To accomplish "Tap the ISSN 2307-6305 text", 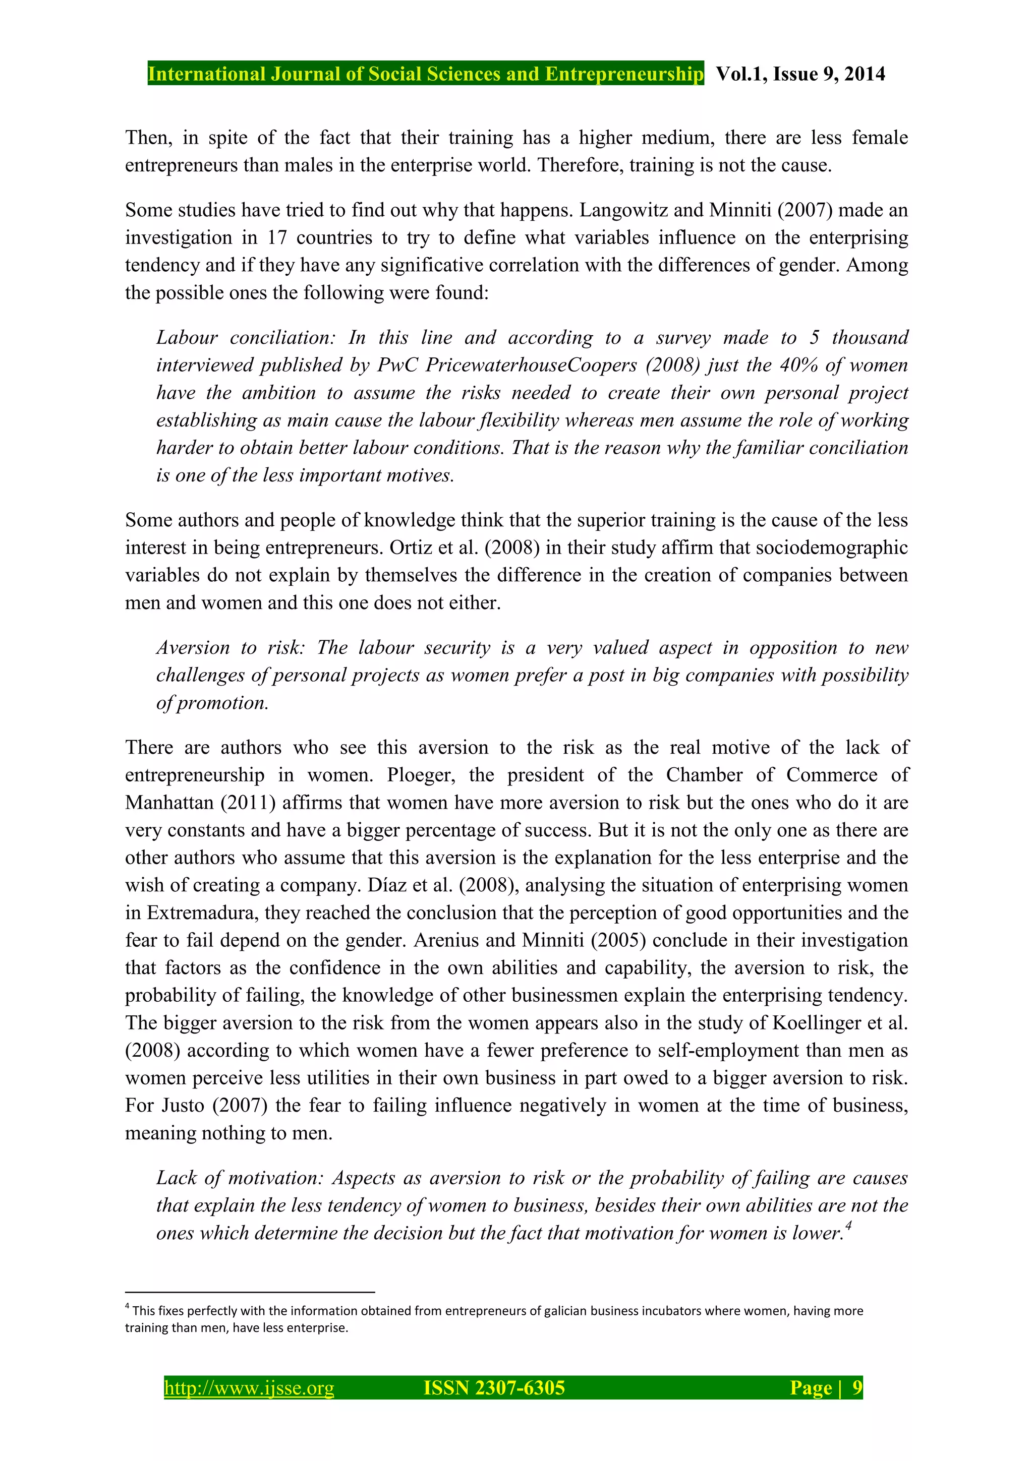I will click(494, 1387).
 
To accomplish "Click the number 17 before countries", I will click(276, 237).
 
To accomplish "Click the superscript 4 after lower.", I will click(849, 1226).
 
